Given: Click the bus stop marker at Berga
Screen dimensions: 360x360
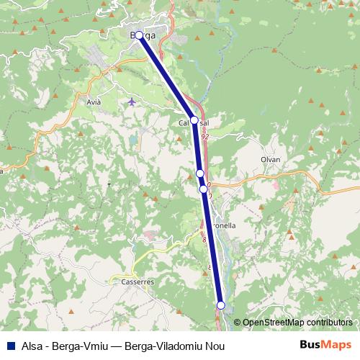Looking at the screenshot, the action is pos(139,35).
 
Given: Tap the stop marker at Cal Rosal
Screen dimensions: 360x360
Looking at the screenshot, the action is pos(194,120).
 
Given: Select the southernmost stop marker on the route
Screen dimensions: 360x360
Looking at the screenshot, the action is pos(221,305).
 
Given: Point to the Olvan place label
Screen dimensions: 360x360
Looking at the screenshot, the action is pos(271,159).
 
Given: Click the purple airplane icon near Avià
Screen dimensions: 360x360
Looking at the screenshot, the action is pos(131,101).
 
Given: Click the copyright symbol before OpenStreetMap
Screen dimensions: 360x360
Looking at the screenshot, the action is pos(238,323).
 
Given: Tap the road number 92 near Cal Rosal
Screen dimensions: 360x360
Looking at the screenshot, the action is pos(205,136).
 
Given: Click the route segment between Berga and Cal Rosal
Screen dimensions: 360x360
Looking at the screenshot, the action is pos(166,78).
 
